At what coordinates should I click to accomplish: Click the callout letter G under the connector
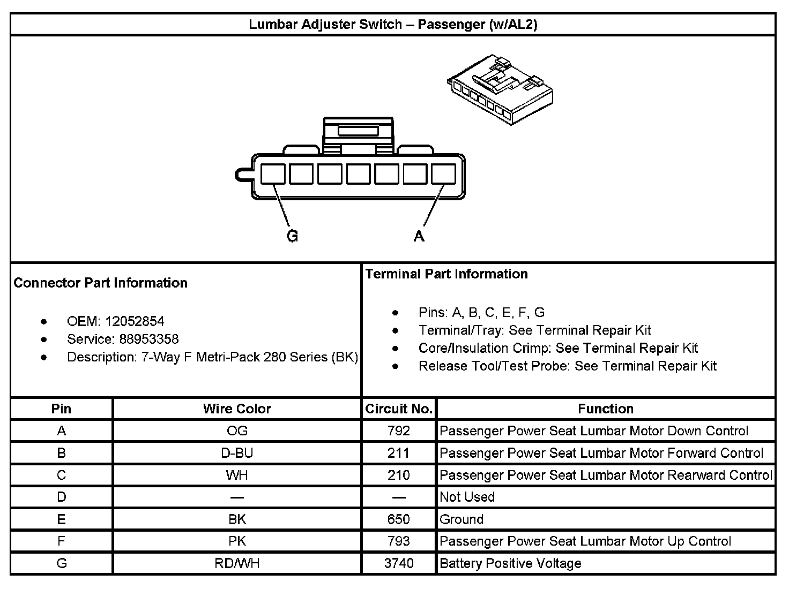tap(292, 236)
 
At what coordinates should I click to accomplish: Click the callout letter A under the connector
tap(419, 236)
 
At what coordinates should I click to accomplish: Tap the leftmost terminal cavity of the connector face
tap(273, 175)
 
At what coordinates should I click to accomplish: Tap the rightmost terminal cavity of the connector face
tap(443, 175)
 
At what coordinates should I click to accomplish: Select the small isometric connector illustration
tap(500, 89)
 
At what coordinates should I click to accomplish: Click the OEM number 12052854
tap(135, 321)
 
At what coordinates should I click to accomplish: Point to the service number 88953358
tap(149, 339)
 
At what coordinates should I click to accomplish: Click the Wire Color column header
tap(237, 409)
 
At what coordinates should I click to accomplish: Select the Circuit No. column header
tap(399, 409)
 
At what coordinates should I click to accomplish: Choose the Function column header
tap(606, 409)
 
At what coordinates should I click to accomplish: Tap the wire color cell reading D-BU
tap(237, 453)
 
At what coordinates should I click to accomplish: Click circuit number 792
tap(399, 431)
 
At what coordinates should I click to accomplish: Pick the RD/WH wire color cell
tap(237, 563)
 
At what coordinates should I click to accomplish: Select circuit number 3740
tap(399, 563)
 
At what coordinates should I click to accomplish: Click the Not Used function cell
tap(467, 497)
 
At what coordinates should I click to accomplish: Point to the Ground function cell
tap(462, 519)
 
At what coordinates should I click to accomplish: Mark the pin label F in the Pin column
tap(61, 541)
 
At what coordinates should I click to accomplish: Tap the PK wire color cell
tap(237, 541)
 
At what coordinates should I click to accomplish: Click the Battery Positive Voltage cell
tap(510, 563)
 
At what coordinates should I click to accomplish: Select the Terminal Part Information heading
tap(446, 274)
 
